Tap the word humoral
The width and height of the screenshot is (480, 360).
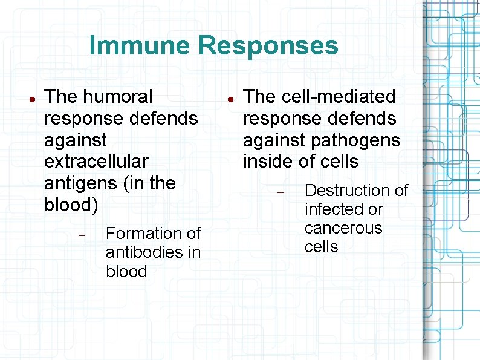click(x=118, y=96)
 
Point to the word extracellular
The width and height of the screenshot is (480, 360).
click(x=96, y=162)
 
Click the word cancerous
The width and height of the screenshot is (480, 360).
click(x=343, y=228)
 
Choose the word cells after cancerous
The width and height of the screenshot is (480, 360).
click(x=322, y=247)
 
